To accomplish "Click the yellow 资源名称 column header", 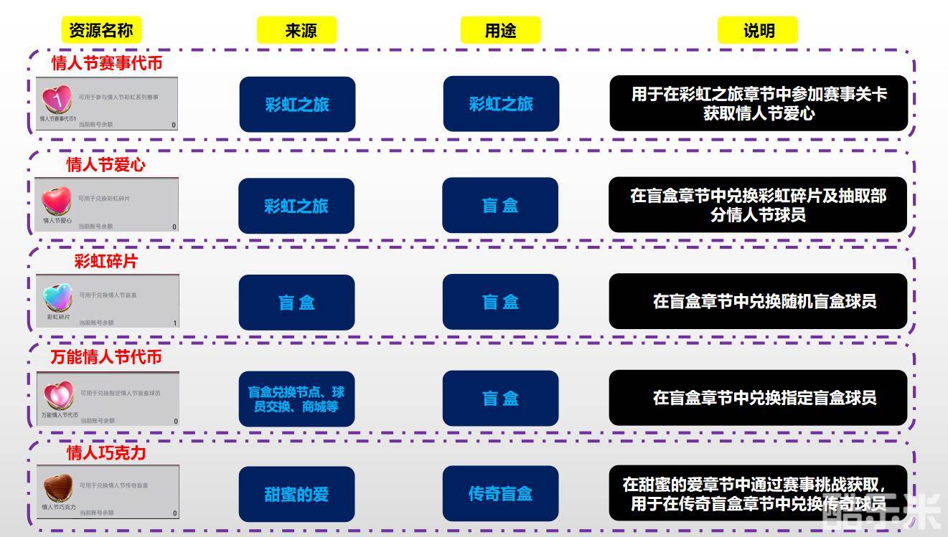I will point(101,30).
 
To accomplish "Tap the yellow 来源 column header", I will point(296,30).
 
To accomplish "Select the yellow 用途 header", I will point(500,30).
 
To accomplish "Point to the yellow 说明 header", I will point(758,30).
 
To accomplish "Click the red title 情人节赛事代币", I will point(107,63).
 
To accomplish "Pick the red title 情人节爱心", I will point(106,165).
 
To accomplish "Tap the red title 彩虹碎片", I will point(105,262).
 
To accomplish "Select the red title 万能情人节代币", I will point(106,357).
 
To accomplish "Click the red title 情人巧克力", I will point(106,453).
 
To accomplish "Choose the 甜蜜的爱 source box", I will point(296,494).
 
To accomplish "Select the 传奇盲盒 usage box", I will point(500,493).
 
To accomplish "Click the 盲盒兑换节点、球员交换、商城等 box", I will point(296,399).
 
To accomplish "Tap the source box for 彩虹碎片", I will point(296,303).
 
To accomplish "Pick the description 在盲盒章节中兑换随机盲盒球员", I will point(759,301).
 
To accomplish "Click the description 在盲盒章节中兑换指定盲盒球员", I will point(759,398).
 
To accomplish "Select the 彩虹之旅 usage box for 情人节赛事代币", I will point(501,104).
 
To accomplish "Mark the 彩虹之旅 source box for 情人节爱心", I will point(296,206).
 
